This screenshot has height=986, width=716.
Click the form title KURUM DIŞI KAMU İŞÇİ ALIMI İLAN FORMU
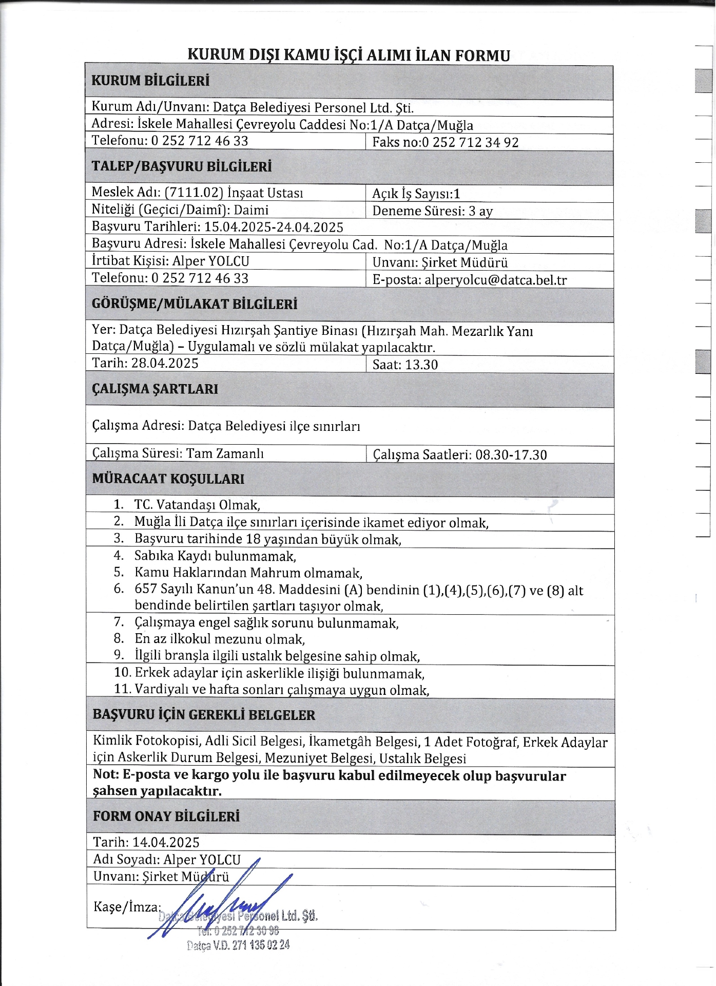click(349, 55)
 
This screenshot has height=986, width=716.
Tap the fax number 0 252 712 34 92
click(470, 142)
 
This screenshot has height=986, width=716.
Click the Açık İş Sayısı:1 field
click(416, 194)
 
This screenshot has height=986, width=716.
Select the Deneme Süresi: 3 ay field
click(432, 211)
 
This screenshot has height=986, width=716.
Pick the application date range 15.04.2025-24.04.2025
click(274, 227)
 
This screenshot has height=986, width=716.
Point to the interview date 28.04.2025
click(165, 364)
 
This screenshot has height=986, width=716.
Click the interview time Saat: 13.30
click(405, 365)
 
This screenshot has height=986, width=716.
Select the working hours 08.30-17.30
click(511, 454)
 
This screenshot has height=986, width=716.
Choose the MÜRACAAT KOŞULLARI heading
click(168, 479)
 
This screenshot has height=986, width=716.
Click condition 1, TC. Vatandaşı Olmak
click(197, 505)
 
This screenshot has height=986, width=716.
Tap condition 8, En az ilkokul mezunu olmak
click(219, 639)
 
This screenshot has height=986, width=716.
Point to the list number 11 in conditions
click(123, 689)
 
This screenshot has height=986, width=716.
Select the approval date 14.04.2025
click(166, 842)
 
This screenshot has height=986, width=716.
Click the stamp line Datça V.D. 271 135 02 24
click(238, 945)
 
